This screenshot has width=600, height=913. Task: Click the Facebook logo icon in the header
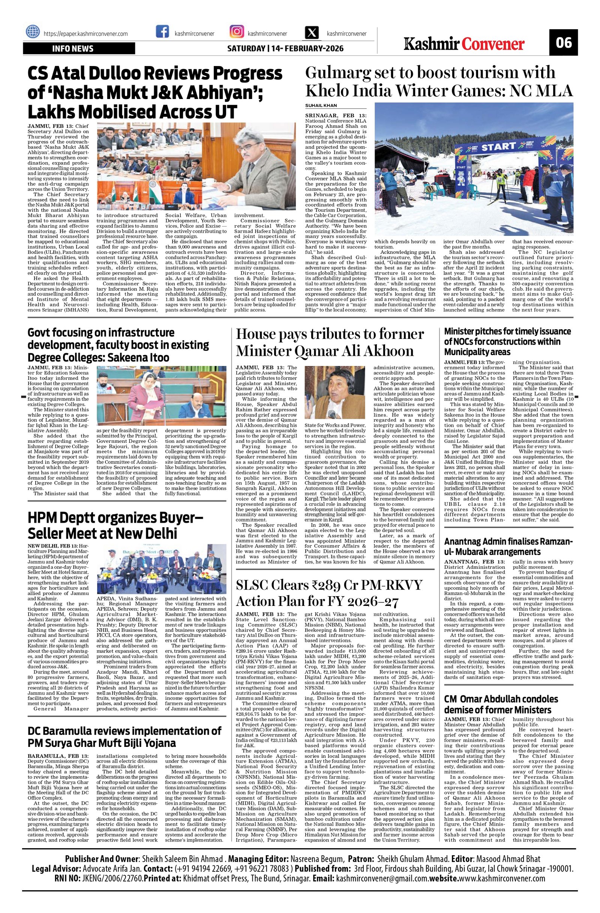[162, 32]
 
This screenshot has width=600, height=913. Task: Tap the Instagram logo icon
[236, 32]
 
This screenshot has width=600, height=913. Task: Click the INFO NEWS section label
[79, 49]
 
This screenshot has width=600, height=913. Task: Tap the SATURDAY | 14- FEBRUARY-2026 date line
[285, 49]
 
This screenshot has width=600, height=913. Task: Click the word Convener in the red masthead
[493, 44]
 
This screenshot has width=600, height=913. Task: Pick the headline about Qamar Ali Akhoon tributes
[330, 342]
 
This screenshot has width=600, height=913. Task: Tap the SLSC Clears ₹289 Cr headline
[329, 593]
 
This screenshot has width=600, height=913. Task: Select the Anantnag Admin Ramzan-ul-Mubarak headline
[508, 546]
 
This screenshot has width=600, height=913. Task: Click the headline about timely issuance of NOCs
[507, 342]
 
